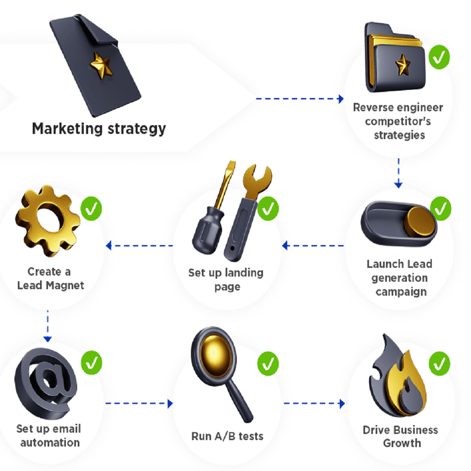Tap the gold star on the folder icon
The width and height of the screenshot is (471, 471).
(403, 65)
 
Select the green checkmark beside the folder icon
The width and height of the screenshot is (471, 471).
(440, 57)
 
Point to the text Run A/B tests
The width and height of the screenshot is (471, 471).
(227, 436)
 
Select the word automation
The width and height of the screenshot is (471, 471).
(50, 443)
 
